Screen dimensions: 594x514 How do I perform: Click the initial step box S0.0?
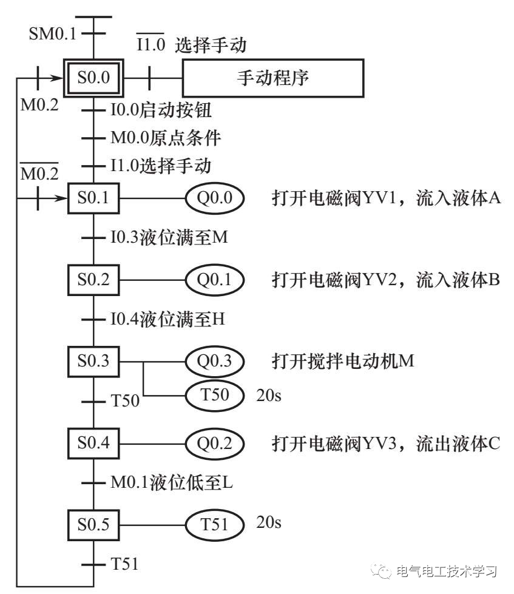tap(93, 78)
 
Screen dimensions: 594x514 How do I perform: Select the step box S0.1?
tap(93, 198)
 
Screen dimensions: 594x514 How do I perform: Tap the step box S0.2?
tap(93, 280)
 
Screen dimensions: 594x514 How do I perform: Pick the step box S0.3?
tap(93, 361)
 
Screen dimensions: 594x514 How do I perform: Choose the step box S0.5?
tap(93, 523)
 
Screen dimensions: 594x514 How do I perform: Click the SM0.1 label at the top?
tap(53, 33)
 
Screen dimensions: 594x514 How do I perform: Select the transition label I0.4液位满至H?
tap(167, 319)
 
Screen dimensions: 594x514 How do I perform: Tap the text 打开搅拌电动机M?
tap(343, 361)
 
